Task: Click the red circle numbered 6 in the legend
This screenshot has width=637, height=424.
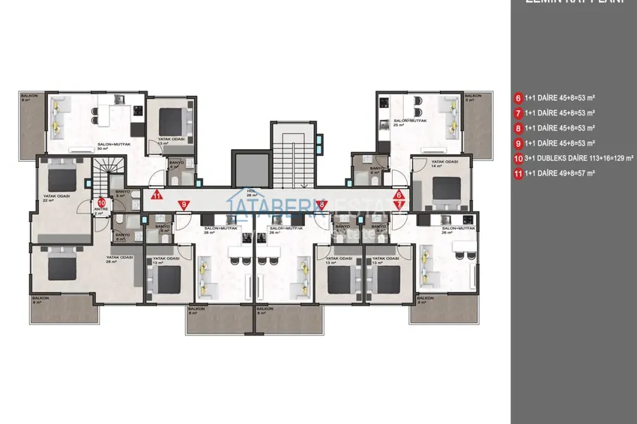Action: click(518, 97)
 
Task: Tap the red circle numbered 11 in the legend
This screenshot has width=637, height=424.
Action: click(518, 173)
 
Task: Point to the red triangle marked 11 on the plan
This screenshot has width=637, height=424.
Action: click(157, 196)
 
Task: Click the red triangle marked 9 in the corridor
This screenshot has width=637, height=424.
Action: click(183, 204)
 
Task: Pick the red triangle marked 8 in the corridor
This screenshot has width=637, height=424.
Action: click(321, 204)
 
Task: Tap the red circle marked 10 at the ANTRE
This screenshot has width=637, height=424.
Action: click(101, 201)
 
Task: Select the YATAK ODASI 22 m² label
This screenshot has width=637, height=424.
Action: click(56, 197)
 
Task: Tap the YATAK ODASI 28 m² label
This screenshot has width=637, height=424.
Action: click(120, 258)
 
